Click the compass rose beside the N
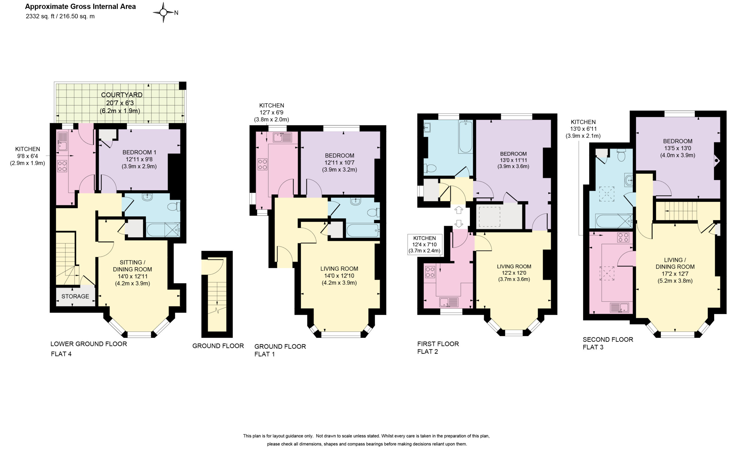click(163, 12)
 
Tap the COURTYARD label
click(122, 95)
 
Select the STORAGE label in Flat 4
click(75, 296)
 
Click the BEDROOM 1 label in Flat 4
click(139, 152)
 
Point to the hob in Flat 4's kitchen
click(62, 166)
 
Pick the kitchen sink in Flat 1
click(282, 137)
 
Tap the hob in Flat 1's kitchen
click(262, 164)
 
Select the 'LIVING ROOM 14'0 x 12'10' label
click(339, 276)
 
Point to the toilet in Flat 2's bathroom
click(430, 169)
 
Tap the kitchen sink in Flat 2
click(449, 302)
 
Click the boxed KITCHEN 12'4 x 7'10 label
click(425, 244)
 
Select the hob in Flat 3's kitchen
click(623, 237)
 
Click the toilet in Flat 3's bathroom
click(621, 155)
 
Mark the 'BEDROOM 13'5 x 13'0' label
click(678, 148)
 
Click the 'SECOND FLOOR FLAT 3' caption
click(608, 343)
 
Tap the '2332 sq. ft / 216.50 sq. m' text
click(60, 16)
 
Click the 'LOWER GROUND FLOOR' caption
click(89, 344)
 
